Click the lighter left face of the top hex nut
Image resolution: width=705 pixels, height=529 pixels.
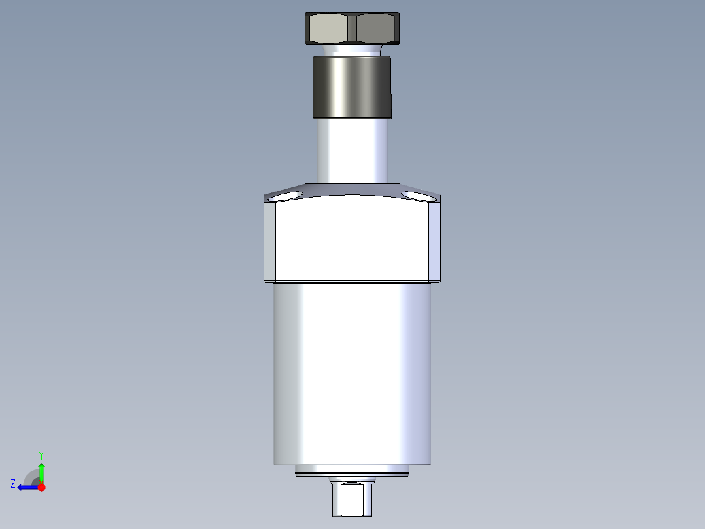pyautogui.click(x=331, y=29)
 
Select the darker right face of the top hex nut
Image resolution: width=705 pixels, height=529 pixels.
pyautogui.click(x=377, y=29)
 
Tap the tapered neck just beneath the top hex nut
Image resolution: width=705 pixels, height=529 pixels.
pyautogui.click(x=353, y=49)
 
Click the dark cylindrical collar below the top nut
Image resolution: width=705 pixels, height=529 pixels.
pyautogui.click(x=352, y=86)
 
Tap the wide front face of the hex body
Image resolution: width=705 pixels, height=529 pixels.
pyautogui.click(x=352, y=239)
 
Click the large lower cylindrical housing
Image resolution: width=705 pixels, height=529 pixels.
pyautogui.click(x=352, y=373)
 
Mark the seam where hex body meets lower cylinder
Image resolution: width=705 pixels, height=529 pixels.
pyautogui.click(x=352, y=283)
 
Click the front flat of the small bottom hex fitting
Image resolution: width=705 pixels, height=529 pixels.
pyautogui.click(x=352, y=500)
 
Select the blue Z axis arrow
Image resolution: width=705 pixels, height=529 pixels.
pyautogui.click(x=26, y=487)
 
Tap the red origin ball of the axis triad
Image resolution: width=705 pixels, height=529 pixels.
pyautogui.click(x=41, y=487)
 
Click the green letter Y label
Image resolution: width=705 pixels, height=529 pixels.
pyautogui.click(x=41, y=454)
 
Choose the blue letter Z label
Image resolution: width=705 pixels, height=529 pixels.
pyautogui.click(x=13, y=483)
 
